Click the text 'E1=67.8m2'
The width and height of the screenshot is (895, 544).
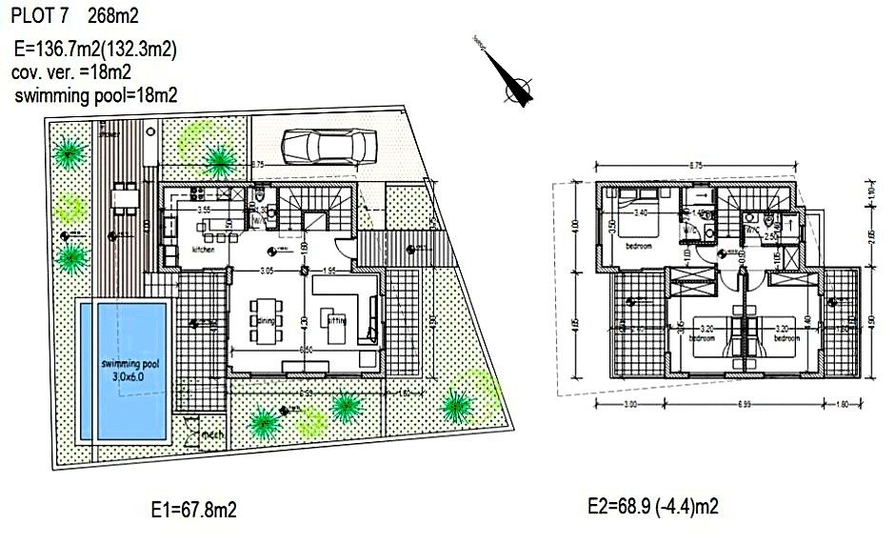coord(193,511)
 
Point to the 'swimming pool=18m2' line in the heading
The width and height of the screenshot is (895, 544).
coord(96,96)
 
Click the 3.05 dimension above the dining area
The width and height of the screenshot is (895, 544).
coord(268,272)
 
